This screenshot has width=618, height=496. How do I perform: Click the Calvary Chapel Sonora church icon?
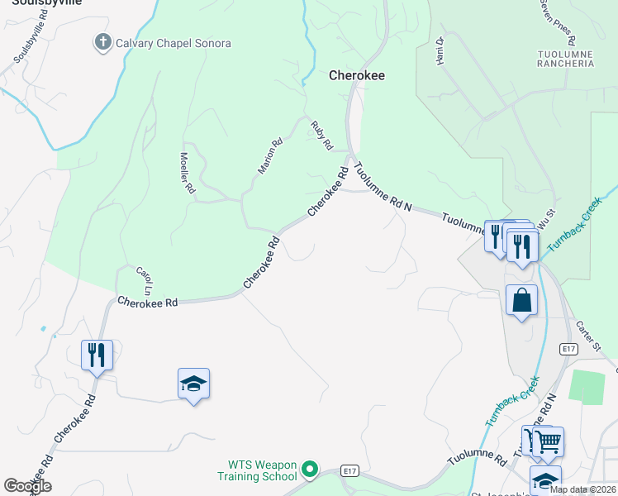(103, 43)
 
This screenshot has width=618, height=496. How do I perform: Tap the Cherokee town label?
(357, 74)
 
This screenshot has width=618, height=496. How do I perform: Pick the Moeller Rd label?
(188, 173)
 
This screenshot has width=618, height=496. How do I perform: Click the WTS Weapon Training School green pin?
(310, 470)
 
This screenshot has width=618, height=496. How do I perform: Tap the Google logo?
(27, 486)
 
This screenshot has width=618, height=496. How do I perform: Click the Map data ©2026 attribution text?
(582, 489)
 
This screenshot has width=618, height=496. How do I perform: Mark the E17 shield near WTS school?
(350, 471)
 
